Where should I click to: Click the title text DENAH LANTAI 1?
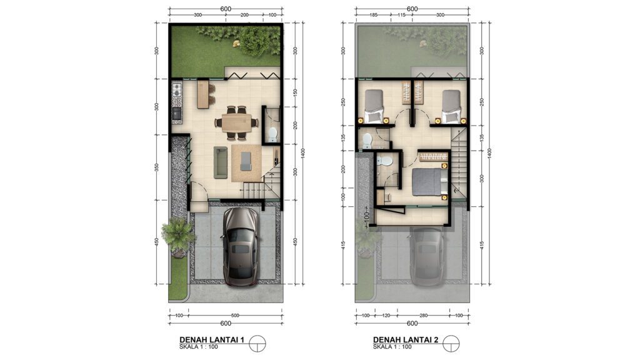[212, 339]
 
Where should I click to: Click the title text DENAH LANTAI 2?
[406, 339]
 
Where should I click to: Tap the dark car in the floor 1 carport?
[241, 246]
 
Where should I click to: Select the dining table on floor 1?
[237, 122]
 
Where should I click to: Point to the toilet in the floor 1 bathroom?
[272, 134]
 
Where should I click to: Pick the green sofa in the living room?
[221, 162]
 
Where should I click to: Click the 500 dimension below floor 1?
[235, 316]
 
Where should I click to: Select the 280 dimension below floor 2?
[423, 316]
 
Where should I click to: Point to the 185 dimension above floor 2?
[373, 15]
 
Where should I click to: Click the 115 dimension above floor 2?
[401, 15]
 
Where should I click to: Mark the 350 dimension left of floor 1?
[156, 167]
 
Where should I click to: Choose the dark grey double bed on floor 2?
[426, 182]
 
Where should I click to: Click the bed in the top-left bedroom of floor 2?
[374, 106]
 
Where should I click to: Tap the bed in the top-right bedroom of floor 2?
[451, 106]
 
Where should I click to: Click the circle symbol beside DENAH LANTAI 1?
[257, 344]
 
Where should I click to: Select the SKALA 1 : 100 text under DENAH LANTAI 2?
[392, 347]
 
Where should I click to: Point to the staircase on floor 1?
[261, 186]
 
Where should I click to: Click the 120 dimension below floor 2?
[386, 316]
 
